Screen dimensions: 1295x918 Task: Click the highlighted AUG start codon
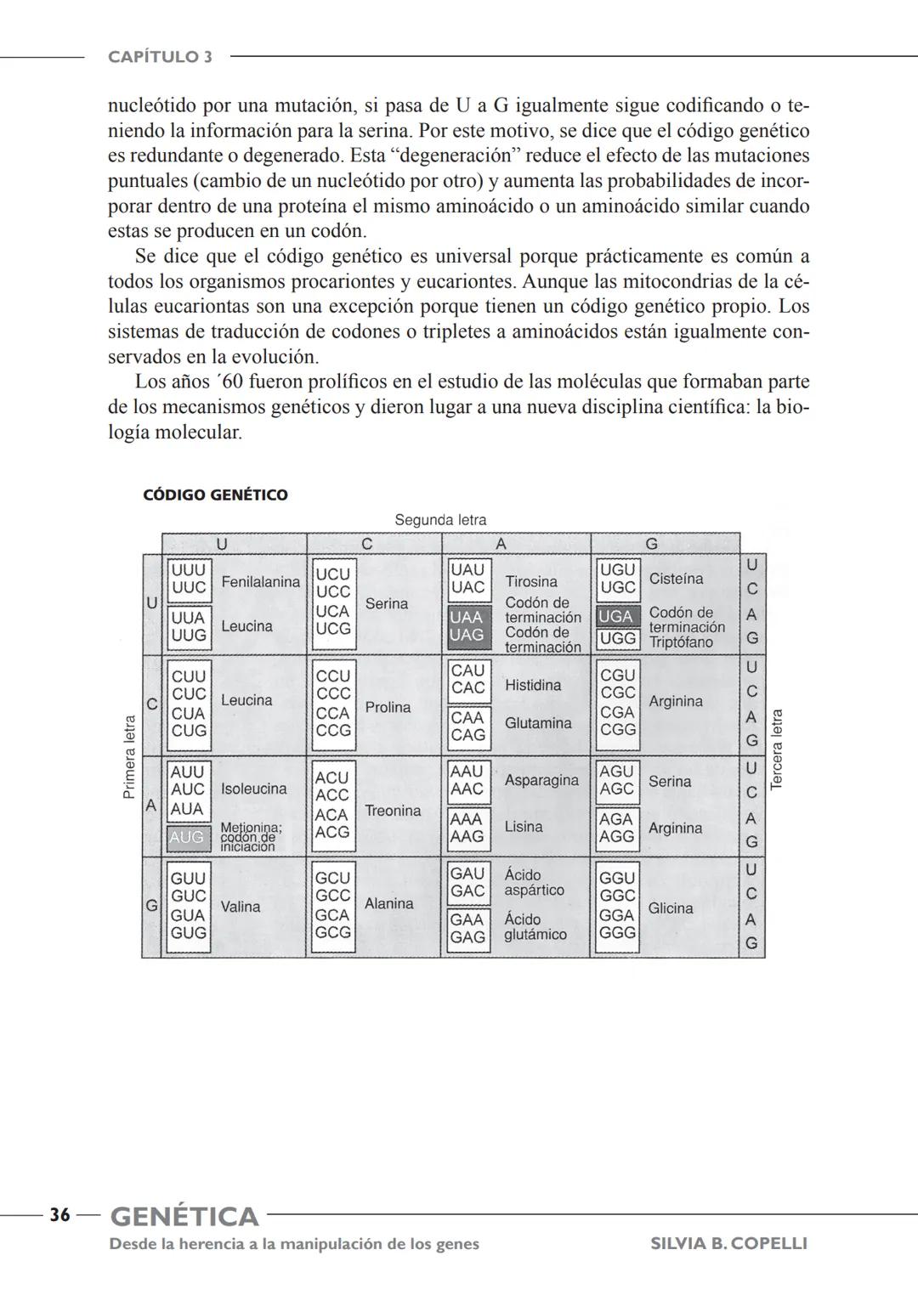tap(187, 837)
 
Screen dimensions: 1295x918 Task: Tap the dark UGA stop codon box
tap(616, 616)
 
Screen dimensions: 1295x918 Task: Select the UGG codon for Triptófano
tap(617, 638)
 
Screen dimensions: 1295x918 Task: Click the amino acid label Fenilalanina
tap(260, 582)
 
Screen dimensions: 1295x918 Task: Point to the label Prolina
tap(388, 707)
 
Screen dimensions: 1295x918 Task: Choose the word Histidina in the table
tap(533, 685)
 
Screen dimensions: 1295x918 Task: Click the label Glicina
tap(671, 908)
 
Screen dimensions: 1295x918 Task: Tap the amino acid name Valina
tap(241, 907)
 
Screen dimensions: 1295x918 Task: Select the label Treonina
tap(393, 811)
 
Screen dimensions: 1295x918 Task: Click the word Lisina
tap(524, 827)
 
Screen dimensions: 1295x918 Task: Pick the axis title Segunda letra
tap(440, 520)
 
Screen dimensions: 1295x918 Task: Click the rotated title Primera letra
tap(129, 756)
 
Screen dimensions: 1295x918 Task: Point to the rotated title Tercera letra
tap(776, 750)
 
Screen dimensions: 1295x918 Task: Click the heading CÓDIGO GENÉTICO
tap(215, 495)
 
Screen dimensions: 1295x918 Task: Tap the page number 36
tap(59, 1215)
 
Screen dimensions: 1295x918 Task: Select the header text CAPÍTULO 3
tap(160, 57)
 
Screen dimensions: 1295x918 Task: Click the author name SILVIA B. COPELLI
tap(728, 1244)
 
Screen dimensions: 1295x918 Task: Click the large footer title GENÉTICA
tap(184, 1217)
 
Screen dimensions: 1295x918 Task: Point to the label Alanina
tap(389, 904)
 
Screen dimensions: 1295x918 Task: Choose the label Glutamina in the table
tap(538, 723)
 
